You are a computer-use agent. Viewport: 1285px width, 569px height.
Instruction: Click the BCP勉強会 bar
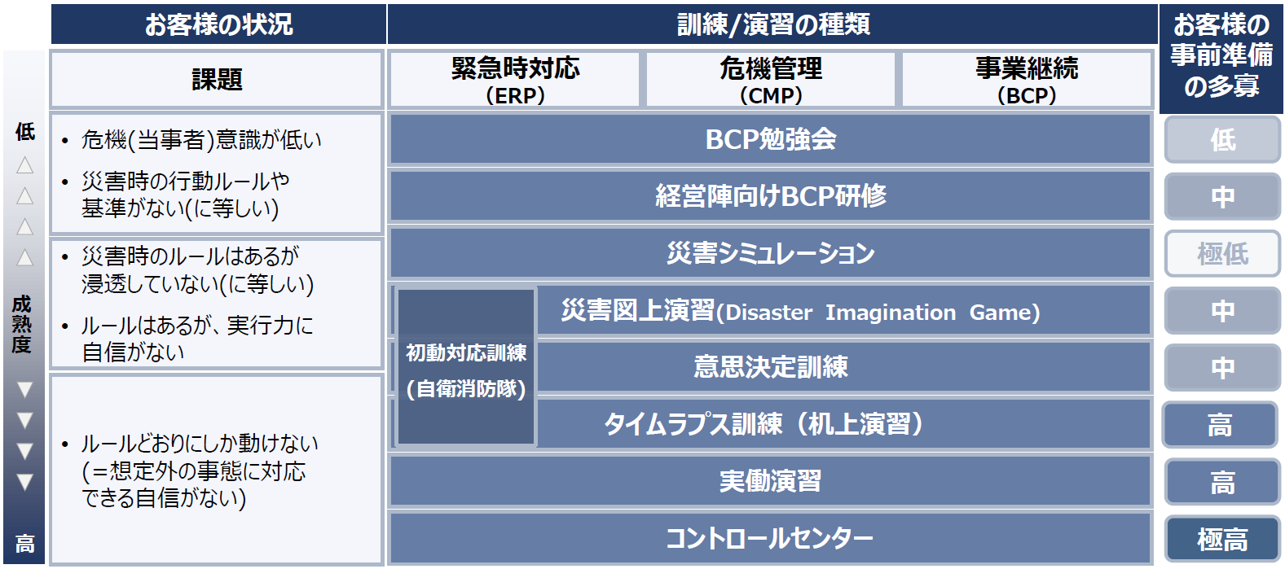770,139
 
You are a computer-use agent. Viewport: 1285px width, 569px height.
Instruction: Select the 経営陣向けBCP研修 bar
770,196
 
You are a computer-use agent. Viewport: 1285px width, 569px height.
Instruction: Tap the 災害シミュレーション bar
770,252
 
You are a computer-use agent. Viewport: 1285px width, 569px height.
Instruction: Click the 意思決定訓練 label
770,367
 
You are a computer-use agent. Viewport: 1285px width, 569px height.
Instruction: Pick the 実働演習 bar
770,481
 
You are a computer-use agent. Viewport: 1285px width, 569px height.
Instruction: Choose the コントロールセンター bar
770,538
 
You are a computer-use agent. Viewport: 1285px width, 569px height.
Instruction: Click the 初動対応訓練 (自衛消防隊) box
466,367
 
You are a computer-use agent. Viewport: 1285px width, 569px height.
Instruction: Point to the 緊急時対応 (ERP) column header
515,80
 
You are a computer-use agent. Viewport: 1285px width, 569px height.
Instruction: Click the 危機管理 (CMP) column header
770,80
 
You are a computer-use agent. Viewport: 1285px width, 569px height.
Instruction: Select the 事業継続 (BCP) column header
1026,80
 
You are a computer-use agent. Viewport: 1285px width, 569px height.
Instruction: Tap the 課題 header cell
216,80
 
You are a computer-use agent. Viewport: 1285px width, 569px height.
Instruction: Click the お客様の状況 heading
218,24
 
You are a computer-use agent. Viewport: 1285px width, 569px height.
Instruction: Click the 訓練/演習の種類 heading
772,24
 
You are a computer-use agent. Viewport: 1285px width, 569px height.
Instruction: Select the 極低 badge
1222,253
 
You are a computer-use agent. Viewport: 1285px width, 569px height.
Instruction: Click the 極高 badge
1222,539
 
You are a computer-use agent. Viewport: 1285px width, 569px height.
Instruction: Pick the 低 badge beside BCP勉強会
1222,139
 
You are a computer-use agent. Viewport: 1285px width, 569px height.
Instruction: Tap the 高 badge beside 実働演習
1222,482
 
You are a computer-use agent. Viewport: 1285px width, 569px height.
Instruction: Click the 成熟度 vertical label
22,324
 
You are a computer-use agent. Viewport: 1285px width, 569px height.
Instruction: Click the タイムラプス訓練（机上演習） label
764,424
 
